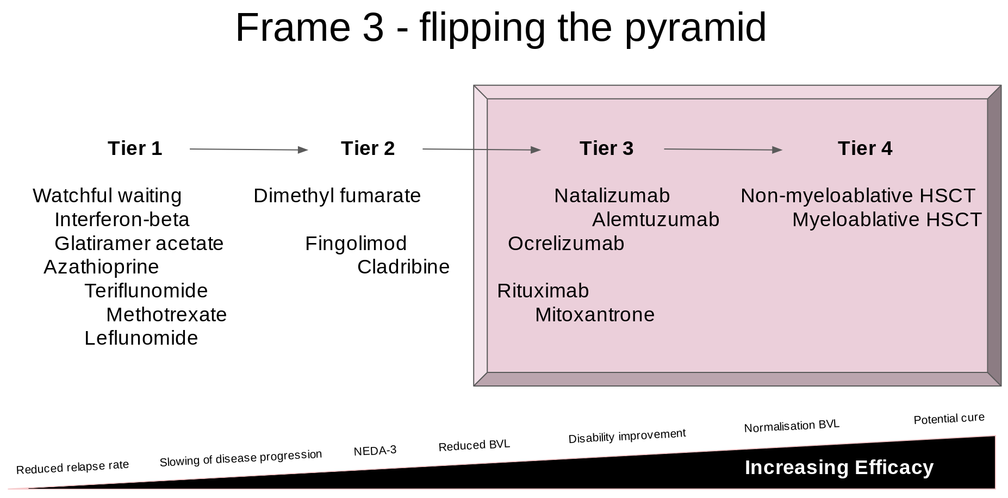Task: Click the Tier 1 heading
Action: click(x=135, y=148)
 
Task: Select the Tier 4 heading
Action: click(x=864, y=148)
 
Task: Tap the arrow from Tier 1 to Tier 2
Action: click(x=248, y=150)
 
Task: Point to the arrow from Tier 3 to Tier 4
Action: click(x=723, y=150)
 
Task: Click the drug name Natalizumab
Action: click(x=612, y=196)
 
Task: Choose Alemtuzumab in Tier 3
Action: click(x=655, y=220)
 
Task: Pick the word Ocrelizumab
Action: click(x=566, y=244)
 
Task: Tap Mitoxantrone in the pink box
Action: click(x=595, y=315)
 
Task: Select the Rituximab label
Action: click(x=543, y=291)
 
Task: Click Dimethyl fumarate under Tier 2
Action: click(x=337, y=196)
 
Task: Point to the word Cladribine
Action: click(x=403, y=267)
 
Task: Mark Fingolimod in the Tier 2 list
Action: click(x=356, y=244)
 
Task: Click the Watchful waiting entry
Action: click(x=107, y=196)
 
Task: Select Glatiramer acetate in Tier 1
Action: click(x=139, y=244)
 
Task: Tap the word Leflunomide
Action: click(x=141, y=338)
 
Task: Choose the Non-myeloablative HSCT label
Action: click(x=857, y=196)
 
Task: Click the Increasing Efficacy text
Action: click(x=839, y=468)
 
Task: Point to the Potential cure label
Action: click(x=949, y=419)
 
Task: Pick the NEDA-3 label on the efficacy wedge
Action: click(x=375, y=451)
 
